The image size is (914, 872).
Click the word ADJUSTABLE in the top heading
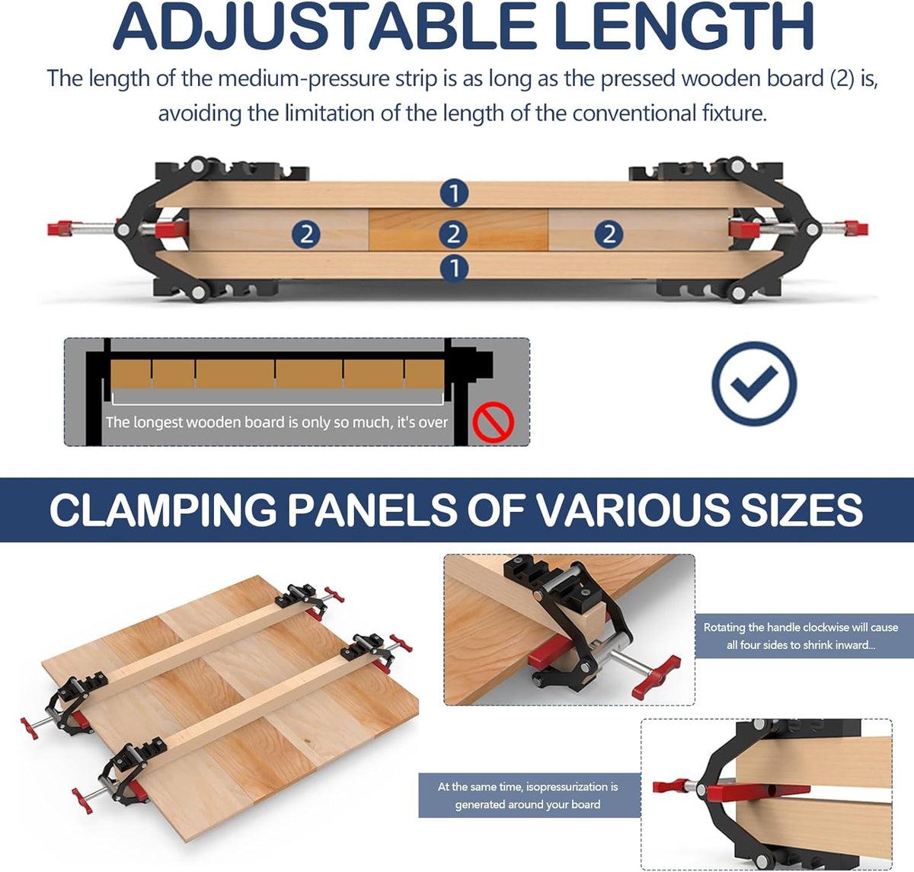click(324, 26)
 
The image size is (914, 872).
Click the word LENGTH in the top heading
click(683, 26)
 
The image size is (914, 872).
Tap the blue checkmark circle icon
click(753, 384)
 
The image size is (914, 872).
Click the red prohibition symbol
click(494, 422)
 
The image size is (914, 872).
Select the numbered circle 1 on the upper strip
click(454, 193)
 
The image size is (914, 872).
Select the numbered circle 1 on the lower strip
click(454, 268)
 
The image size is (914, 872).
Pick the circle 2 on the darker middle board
click(453, 233)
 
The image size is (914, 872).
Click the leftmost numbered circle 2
click(306, 233)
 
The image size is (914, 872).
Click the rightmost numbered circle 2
click(609, 233)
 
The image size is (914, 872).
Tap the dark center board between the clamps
click(459, 231)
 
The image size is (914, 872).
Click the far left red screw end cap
click(60, 228)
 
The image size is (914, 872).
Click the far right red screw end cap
click(856, 228)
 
